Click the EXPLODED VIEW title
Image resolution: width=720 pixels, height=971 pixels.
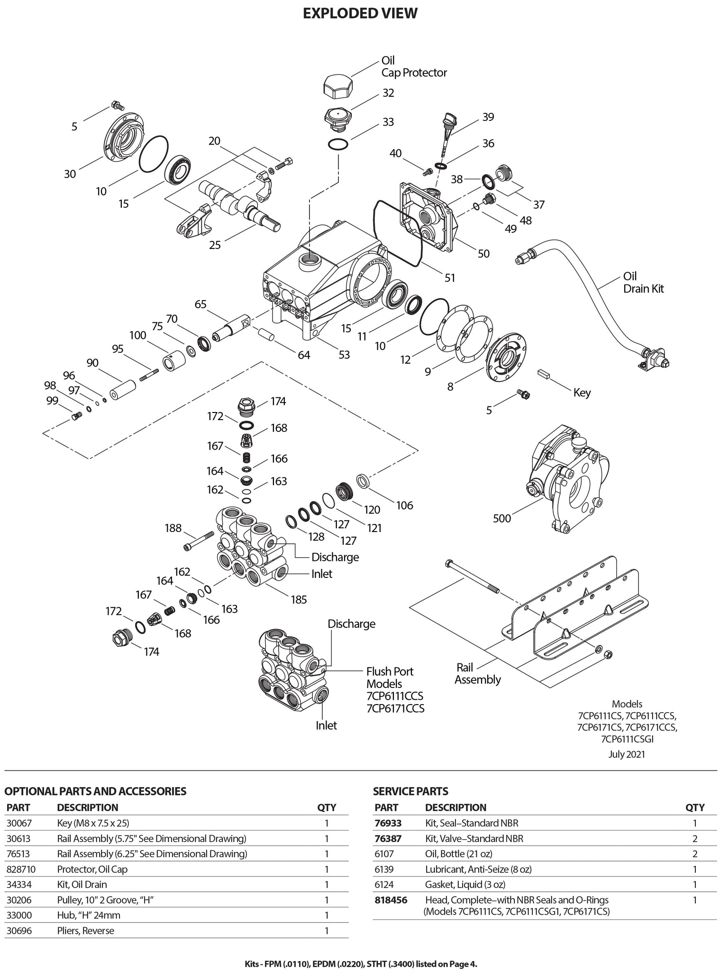tap(360, 13)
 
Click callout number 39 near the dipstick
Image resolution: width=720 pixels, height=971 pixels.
tap(488, 117)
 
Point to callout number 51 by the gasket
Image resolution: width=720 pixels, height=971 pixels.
tap(449, 277)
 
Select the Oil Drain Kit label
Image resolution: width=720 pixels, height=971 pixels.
tap(643, 283)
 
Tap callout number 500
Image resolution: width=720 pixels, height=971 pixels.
tap(502, 518)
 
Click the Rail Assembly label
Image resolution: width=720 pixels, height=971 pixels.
tap(477, 674)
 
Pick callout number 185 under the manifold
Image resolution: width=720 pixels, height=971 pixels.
tap(299, 600)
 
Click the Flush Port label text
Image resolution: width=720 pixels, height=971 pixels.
tap(390, 671)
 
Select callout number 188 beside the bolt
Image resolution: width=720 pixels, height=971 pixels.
tap(173, 528)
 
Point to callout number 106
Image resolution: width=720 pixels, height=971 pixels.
tap(404, 505)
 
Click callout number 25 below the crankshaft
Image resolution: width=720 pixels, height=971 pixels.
tap(215, 245)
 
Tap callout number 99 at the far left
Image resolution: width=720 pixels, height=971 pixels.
tap(52, 401)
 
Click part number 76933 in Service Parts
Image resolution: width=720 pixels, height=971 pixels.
tap(388, 823)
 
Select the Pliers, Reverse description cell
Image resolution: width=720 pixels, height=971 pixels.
tap(85, 931)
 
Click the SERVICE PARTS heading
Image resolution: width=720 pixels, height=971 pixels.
tap(410, 791)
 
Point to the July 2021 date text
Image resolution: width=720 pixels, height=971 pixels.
tap(626, 754)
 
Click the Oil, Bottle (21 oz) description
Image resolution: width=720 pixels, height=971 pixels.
tap(458, 854)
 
